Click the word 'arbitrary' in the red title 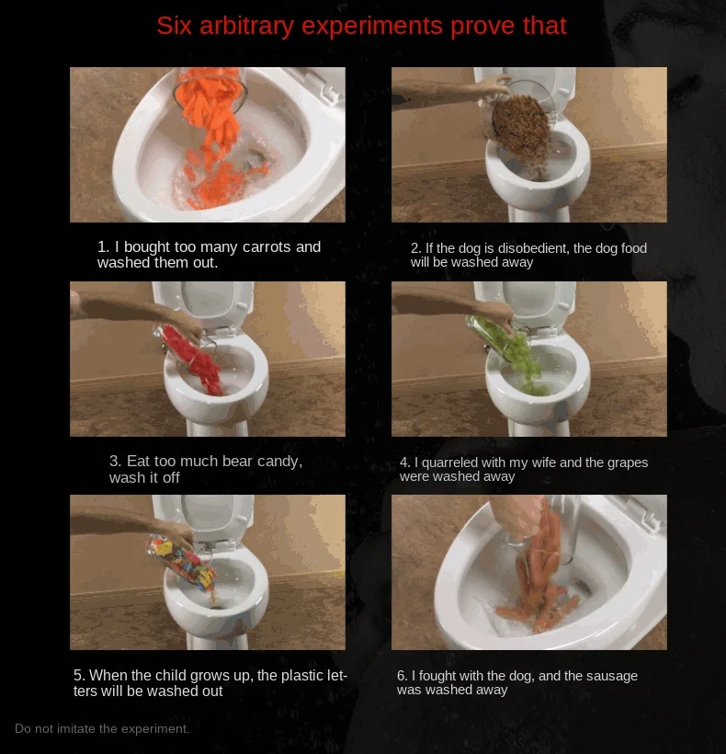click(246, 26)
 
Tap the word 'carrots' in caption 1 click(267, 246)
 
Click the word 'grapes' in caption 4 click(628, 463)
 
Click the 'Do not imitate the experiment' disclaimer click(102, 728)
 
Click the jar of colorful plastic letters click(180, 560)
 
